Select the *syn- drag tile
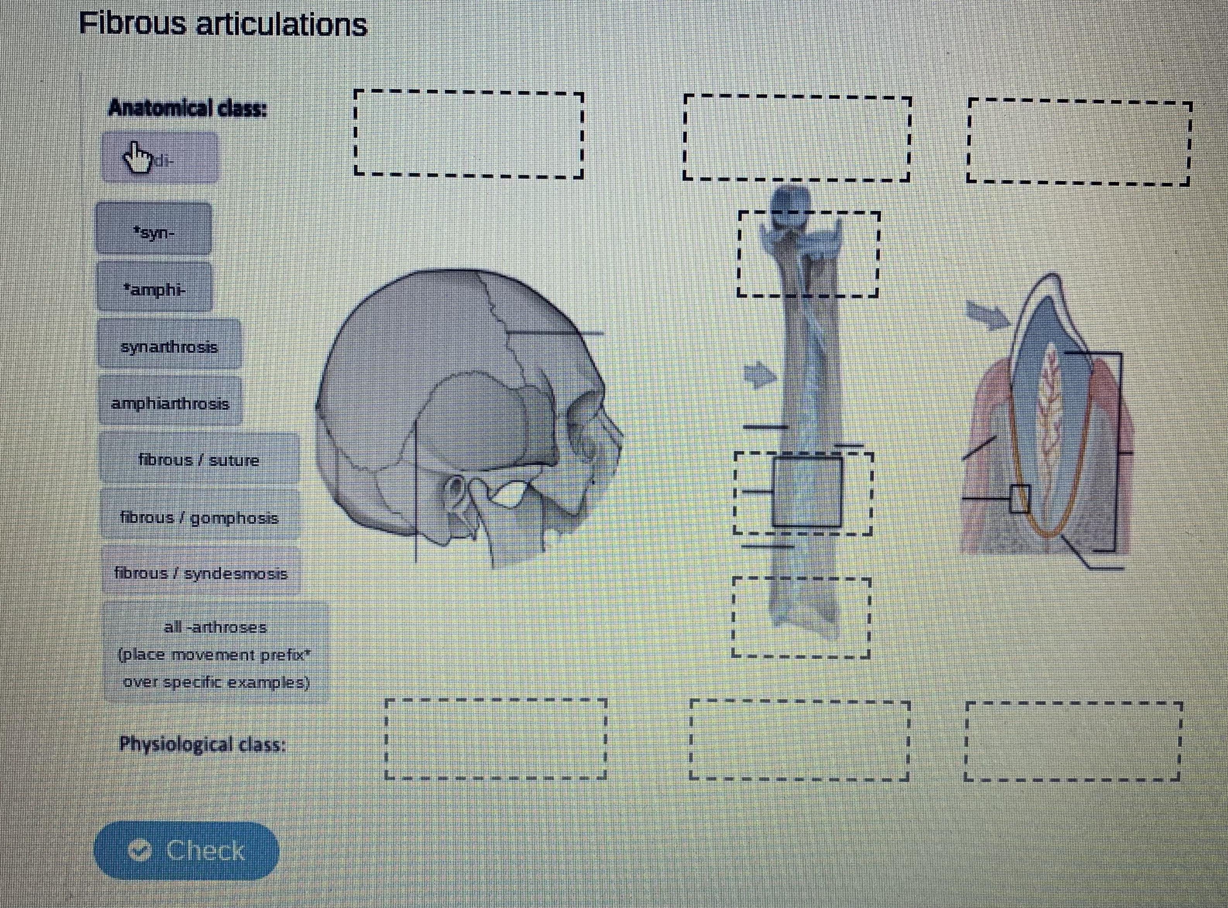click(154, 229)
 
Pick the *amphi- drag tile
click(154, 287)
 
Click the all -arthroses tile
click(216, 652)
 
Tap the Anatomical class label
click(187, 108)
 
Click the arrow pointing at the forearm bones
click(759, 375)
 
